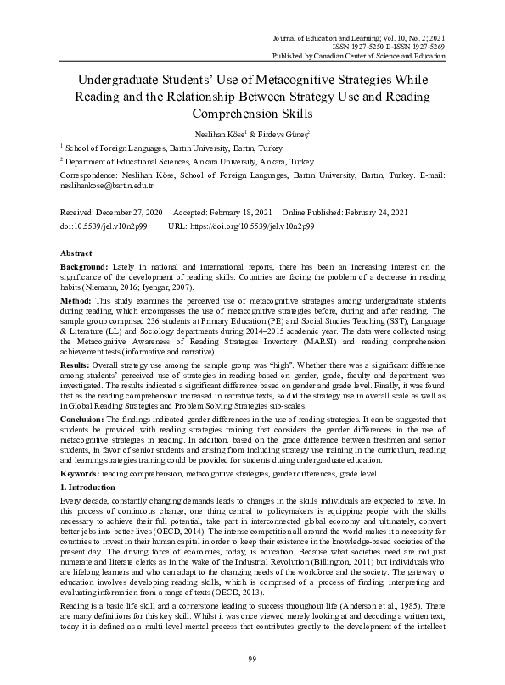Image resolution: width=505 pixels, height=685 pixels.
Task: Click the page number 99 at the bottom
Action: point(252,659)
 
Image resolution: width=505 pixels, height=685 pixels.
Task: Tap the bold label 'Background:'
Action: point(85,267)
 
